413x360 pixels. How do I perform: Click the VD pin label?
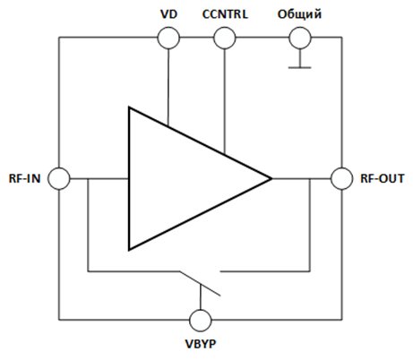point(168,14)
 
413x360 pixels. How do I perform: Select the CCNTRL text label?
point(225,14)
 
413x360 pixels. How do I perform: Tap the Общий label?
point(299,14)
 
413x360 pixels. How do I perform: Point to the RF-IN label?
point(24,178)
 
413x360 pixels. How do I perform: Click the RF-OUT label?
point(383,178)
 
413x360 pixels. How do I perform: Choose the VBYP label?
point(201,344)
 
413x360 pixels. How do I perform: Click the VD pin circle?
point(168,38)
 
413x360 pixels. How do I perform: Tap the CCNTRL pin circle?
point(225,38)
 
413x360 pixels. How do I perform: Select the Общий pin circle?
point(300,38)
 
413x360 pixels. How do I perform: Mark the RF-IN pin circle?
point(59,178)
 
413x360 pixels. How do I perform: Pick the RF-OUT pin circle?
point(341,178)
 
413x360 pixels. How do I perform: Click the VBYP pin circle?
point(201,321)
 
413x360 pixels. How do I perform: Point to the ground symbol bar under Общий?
point(300,68)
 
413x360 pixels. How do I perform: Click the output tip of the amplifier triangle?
point(271,179)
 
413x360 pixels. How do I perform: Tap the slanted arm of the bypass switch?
point(200,284)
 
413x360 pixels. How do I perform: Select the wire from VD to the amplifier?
point(168,87)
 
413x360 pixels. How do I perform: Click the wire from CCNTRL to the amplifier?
point(225,101)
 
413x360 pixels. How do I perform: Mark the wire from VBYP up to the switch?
point(201,296)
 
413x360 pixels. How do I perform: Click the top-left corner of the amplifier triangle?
point(129,107)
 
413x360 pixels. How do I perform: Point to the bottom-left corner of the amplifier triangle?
point(129,250)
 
